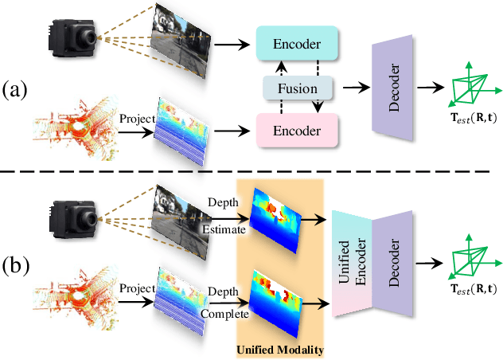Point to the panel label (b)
pyautogui.click(x=18, y=264)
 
